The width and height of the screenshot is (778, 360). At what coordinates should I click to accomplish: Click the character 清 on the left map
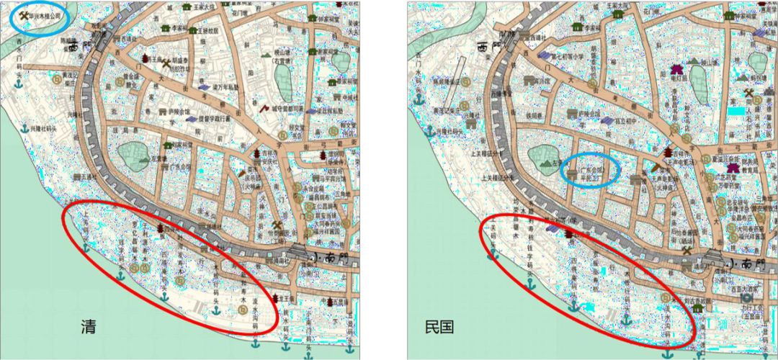tap(89, 327)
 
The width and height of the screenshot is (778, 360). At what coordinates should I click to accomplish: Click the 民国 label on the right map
tap(439, 327)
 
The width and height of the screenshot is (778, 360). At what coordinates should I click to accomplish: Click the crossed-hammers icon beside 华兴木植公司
tap(24, 14)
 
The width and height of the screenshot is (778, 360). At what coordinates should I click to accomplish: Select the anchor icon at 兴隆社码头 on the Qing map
tap(24, 128)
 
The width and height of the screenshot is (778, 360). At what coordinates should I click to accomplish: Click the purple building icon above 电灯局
tap(676, 69)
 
